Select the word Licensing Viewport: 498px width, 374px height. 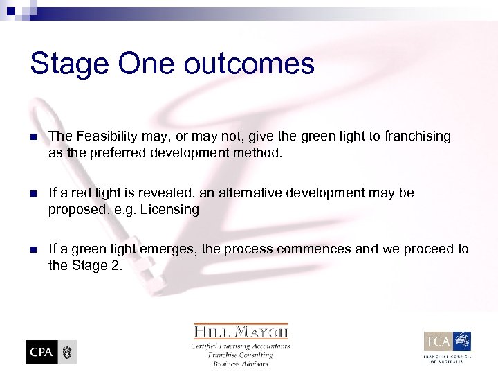click(x=169, y=208)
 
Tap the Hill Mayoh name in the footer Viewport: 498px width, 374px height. click(x=240, y=331)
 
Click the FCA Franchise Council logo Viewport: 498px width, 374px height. click(x=448, y=344)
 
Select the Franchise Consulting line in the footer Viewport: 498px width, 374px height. click(x=240, y=355)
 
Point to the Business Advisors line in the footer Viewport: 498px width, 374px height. click(x=240, y=364)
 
